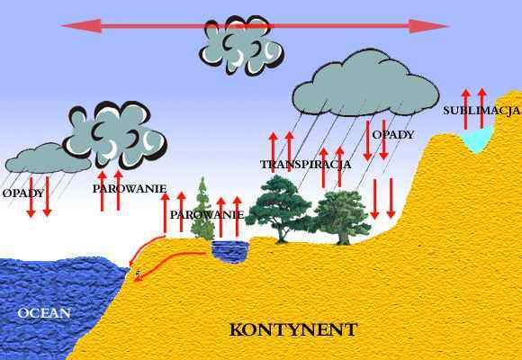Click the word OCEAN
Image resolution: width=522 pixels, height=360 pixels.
coord(44,313)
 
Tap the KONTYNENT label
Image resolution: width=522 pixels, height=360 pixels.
coord(293,329)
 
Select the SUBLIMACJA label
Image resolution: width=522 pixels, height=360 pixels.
coord(481,111)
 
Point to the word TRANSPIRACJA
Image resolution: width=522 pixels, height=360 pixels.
coord(306,165)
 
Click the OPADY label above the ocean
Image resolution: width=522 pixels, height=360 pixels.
coord(23,193)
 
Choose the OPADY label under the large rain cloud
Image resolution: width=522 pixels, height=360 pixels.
coord(393,135)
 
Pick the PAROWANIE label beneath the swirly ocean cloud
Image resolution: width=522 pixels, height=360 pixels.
coord(130,189)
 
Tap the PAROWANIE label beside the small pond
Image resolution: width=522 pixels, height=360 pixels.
coord(207,215)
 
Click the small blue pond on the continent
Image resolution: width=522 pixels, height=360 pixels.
coord(230,252)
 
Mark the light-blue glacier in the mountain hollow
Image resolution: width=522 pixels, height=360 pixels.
coord(477,139)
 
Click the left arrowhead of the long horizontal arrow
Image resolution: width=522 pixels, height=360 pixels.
coord(81,26)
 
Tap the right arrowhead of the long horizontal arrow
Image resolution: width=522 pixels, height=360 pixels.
coord(428,26)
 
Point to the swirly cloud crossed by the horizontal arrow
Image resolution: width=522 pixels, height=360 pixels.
coord(242,45)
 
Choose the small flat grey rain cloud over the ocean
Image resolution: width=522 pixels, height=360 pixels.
coord(48,158)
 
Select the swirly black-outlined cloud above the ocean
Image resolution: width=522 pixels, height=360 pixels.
coord(115,135)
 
